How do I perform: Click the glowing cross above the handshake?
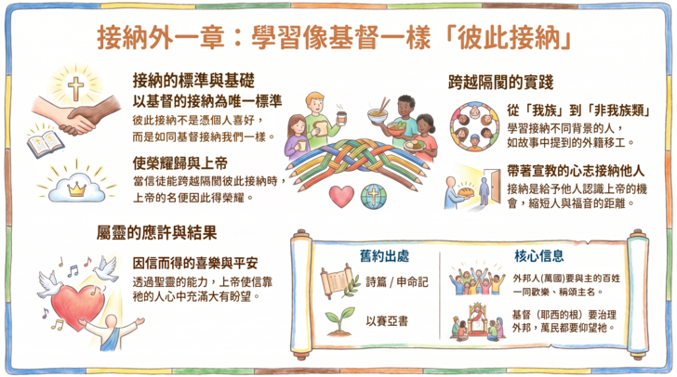(76, 88)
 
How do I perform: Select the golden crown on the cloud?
(77, 188)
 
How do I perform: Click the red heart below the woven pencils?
(341, 196)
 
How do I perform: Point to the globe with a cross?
(373, 197)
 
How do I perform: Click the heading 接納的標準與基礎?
(193, 80)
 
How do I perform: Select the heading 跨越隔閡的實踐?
(500, 82)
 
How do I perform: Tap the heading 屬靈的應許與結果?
(156, 233)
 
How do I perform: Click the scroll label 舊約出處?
(384, 256)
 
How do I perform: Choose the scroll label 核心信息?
(538, 256)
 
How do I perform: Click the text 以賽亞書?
(387, 321)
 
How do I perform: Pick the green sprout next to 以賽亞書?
(340, 321)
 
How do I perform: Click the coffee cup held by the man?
(341, 118)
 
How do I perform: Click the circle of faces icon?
(474, 126)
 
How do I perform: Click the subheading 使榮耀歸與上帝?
(180, 163)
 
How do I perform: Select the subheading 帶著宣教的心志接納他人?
(576, 171)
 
